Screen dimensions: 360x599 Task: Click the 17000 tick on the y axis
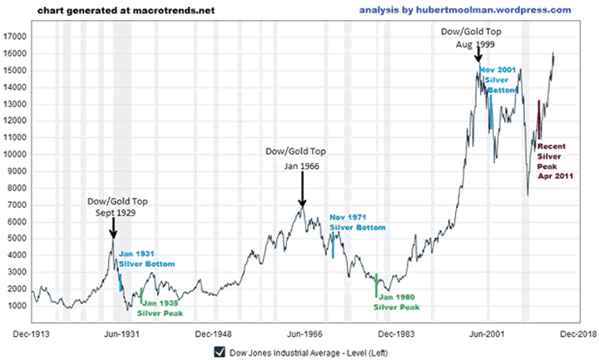coord(16,37)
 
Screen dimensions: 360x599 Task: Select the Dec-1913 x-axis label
coord(31,332)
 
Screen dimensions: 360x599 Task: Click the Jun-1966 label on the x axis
coord(300,332)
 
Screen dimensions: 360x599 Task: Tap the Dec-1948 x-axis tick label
coord(210,332)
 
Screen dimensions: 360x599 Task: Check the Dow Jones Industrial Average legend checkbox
coord(219,353)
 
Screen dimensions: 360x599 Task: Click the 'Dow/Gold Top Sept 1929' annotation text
coord(112,207)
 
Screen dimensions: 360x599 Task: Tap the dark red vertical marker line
coord(539,119)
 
